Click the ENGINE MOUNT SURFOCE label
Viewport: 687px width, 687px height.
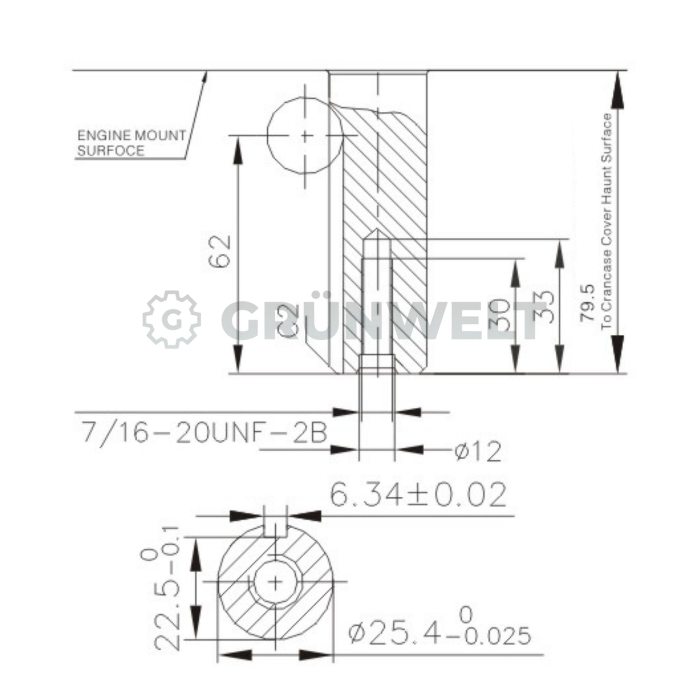click(131, 143)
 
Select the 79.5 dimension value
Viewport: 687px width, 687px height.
click(587, 303)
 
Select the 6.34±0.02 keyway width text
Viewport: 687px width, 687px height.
click(418, 495)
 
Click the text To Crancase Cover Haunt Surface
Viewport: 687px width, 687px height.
click(607, 222)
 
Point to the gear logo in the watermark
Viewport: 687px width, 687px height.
click(172, 319)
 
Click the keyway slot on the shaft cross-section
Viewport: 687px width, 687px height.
click(275, 528)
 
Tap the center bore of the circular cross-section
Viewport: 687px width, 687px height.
click(275, 581)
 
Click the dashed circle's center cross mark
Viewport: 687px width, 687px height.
click(306, 136)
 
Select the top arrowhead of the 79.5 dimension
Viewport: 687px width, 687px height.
click(617, 90)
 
